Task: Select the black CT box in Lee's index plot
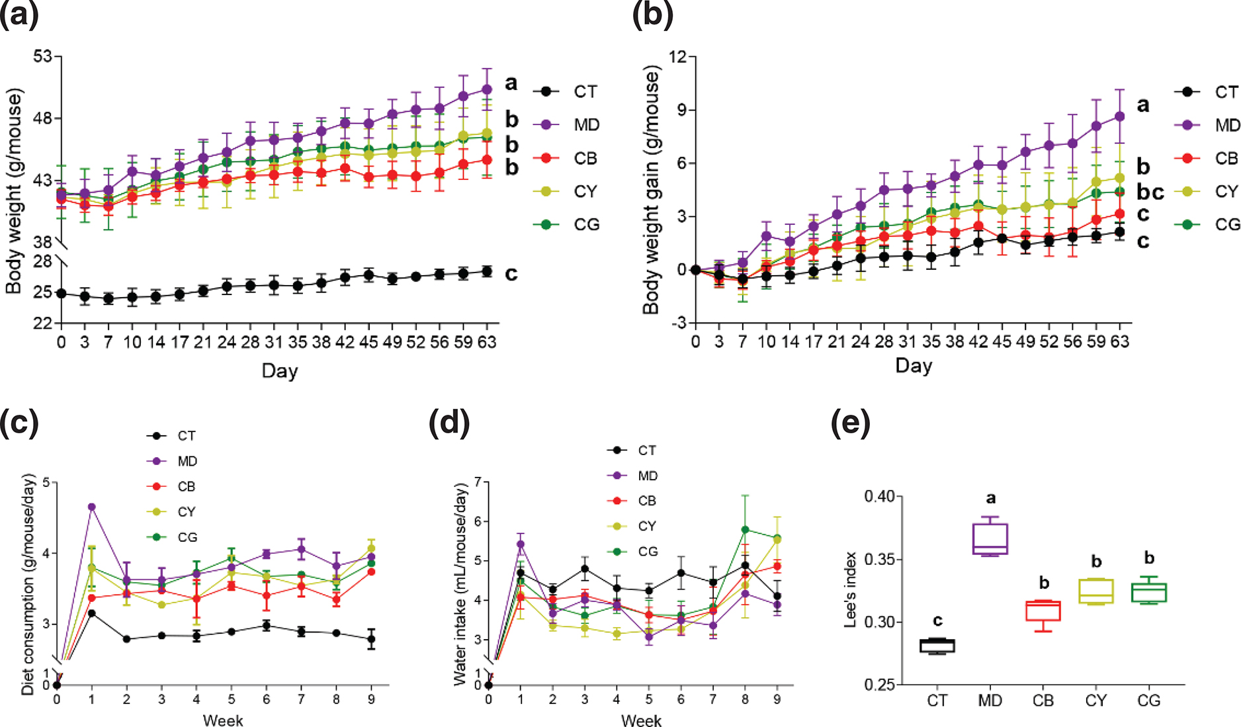937,646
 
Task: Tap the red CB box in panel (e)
1043,611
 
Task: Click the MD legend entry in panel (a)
585,125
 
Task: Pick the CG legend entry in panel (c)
187,537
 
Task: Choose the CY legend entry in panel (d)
647,526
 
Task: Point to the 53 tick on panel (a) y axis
42,56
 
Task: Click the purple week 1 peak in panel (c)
92,507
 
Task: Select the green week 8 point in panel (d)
746,529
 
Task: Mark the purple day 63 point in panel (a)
487,89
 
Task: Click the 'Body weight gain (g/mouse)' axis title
651,189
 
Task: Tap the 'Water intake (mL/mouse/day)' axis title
461,583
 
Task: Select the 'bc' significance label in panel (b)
1150,192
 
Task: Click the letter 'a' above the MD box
990,498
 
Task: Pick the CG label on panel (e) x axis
1149,701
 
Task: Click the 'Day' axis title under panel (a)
279,370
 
